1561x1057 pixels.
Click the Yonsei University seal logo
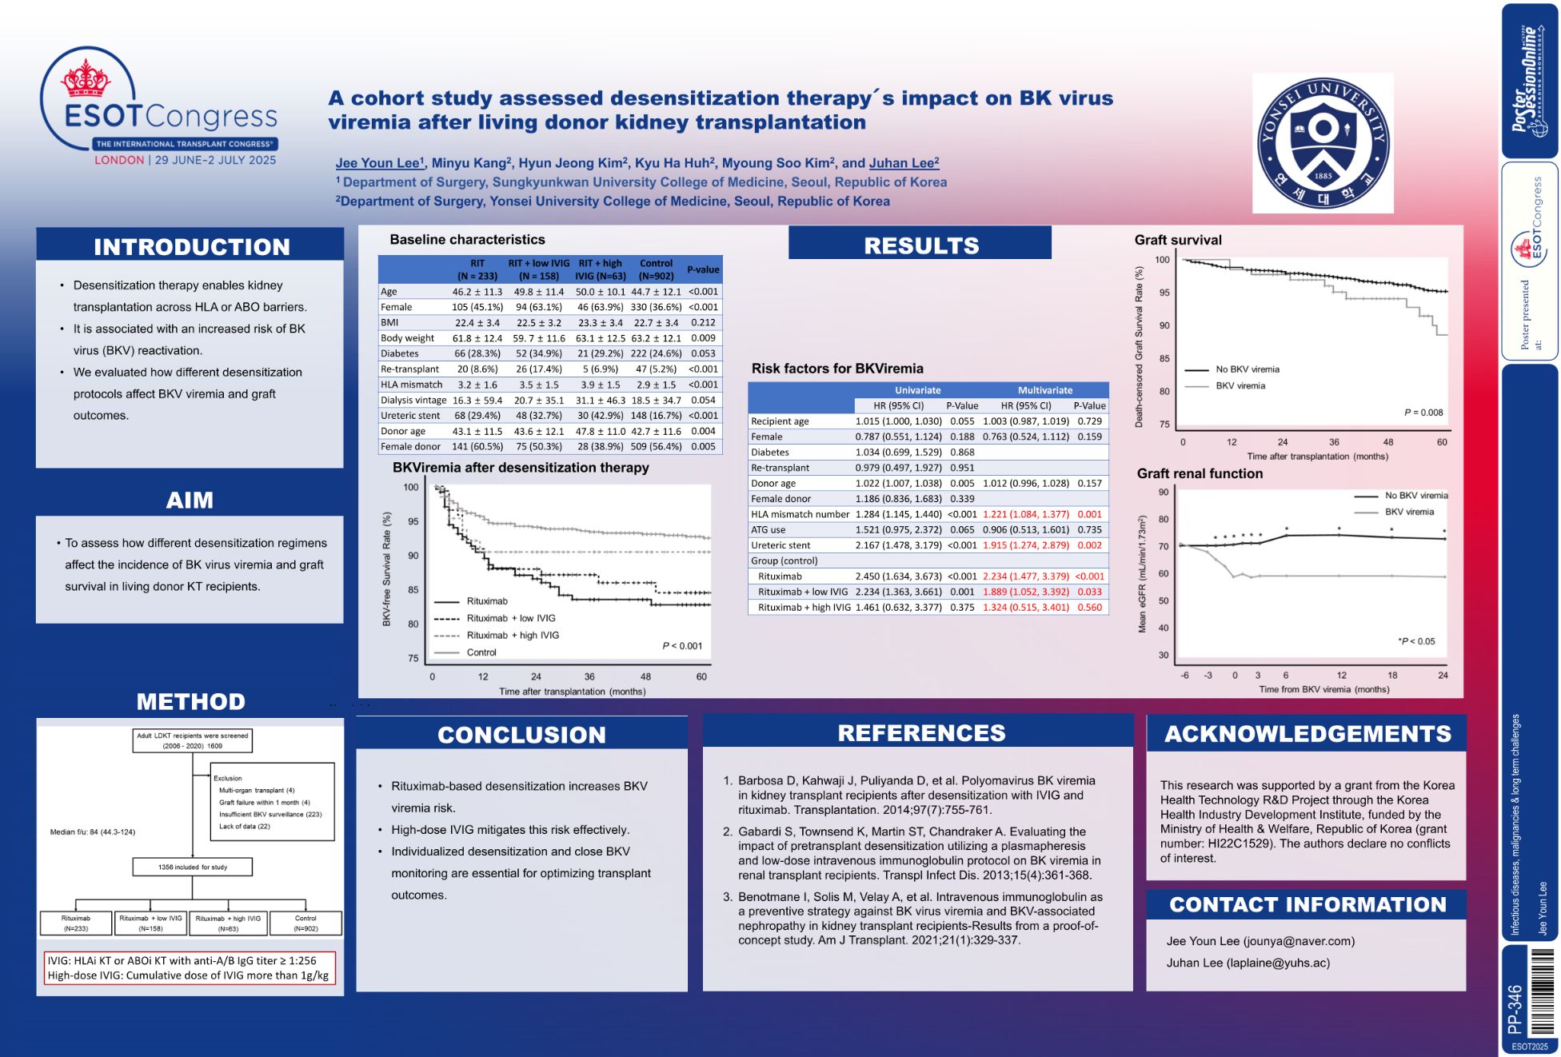click(1323, 143)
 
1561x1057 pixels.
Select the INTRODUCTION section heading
click(191, 246)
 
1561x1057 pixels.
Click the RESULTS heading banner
click(920, 245)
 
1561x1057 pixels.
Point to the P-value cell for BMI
click(703, 322)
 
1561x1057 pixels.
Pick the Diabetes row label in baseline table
click(400, 353)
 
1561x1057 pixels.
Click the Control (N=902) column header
click(656, 269)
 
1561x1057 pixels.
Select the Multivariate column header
click(1044, 390)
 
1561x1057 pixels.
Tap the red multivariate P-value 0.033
click(1089, 592)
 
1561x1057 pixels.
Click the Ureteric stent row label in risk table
click(780, 545)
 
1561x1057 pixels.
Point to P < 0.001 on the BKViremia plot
click(682, 646)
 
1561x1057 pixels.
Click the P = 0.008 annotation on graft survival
click(1423, 413)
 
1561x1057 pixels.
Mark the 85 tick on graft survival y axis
click(1164, 358)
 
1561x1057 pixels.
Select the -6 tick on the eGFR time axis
click(1184, 676)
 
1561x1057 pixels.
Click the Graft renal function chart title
click(1200, 473)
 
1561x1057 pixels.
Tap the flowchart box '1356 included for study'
click(193, 867)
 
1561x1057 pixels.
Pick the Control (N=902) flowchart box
click(305, 923)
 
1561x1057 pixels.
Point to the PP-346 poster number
click(1514, 1009)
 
